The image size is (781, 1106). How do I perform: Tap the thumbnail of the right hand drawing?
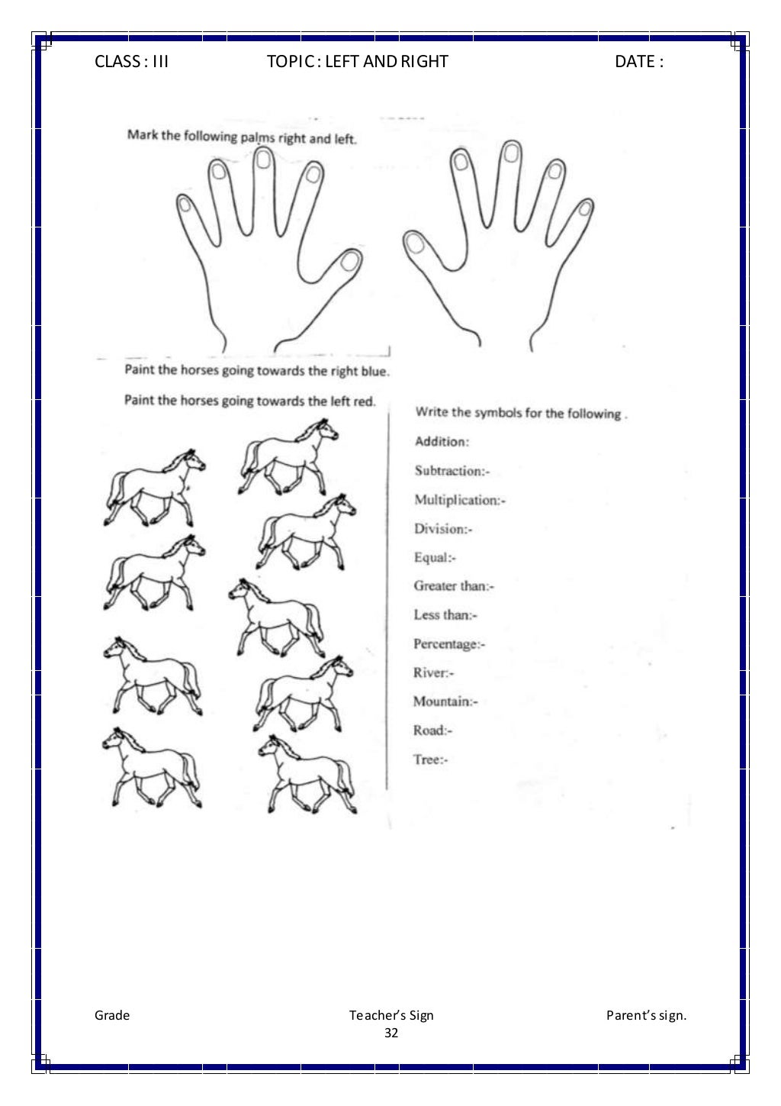pos(415,243)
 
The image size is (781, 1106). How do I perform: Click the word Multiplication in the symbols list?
pos(455,500)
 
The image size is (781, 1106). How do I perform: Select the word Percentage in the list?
pos(446,644)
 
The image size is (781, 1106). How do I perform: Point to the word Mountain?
pos(442,701)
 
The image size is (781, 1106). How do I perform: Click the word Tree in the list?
pos(427,759)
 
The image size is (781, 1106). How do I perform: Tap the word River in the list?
pos(431,672)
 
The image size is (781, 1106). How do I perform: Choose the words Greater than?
pos(451,586)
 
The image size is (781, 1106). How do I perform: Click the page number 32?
pos(391,1033)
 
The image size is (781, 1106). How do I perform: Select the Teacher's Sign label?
pos(391,1015)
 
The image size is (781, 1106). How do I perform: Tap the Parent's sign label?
pos(646,1015)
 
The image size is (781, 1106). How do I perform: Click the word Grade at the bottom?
pos(112,1015)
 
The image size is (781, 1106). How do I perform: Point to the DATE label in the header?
pos(638,62)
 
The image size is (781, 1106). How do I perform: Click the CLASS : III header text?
pos(131,62)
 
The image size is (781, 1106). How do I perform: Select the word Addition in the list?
pos(440,441)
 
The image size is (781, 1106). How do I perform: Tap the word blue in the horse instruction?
pos(374,372)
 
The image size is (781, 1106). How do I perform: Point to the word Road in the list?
pos(429,730)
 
